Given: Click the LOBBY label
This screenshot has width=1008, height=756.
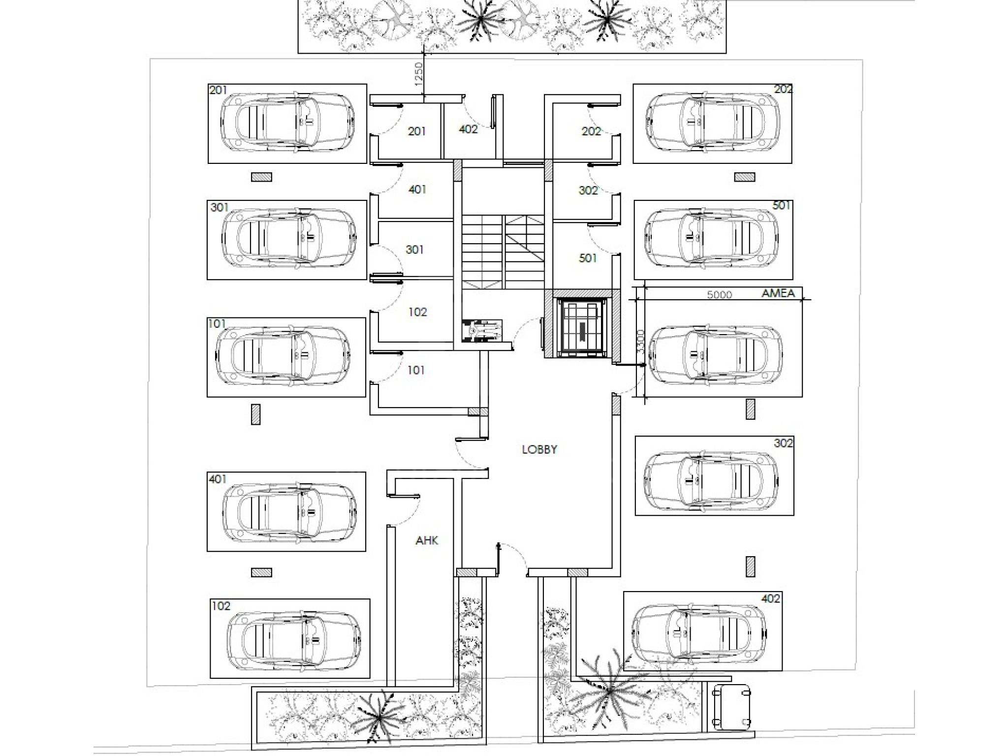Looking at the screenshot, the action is (x=539, y=449).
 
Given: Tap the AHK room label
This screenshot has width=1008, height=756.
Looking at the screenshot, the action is (x=427, y=540).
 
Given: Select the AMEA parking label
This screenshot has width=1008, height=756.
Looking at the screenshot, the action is (x=778, y=293).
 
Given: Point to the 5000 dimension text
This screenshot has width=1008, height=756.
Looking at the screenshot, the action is (x=720, y=295).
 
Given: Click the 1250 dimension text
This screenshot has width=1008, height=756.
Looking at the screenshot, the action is (x=418, y=74).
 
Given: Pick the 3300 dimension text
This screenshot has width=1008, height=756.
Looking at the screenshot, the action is (x=640, y=341).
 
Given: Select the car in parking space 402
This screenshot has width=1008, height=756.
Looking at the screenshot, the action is (x=698, y=632).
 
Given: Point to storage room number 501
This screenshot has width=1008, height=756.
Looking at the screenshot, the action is (x=588, y=258).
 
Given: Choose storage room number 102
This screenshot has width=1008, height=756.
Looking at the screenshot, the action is (x=417, y=312).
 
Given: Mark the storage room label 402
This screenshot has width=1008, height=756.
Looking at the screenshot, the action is (x=468, y=129).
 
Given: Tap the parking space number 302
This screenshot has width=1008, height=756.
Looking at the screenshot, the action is (x=784, y=443).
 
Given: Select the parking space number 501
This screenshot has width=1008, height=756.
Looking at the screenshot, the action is (x=782, y=205).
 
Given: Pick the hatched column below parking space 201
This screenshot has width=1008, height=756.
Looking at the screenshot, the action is (x=262, y=177).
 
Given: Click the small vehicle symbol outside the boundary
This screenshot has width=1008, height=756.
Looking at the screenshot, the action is (x=732, y=707).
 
